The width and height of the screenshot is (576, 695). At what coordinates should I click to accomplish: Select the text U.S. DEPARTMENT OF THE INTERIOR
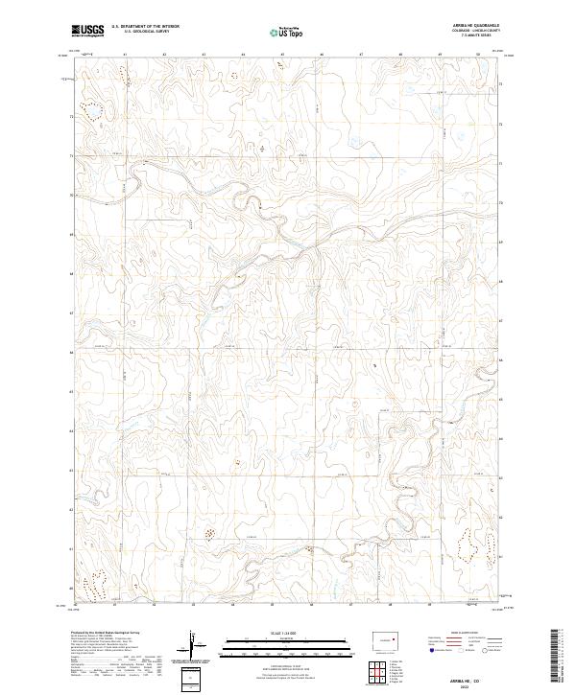click(145, 28)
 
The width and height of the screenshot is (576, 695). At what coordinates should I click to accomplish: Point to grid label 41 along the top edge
click(126, 55)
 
